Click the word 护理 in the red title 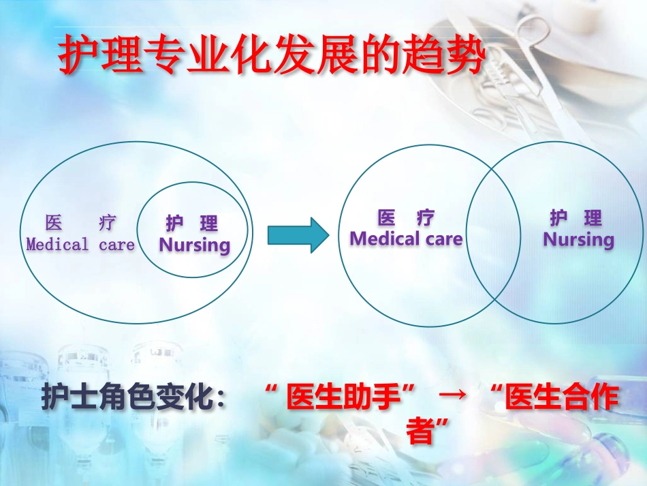101,56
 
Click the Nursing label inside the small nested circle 195,245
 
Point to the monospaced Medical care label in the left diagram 80,245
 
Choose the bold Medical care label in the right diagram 406,239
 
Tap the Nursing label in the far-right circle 578,239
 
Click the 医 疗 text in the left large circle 80,223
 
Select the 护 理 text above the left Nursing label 192,224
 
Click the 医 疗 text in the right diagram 406,218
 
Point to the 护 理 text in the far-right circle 576,218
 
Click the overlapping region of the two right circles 490,232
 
